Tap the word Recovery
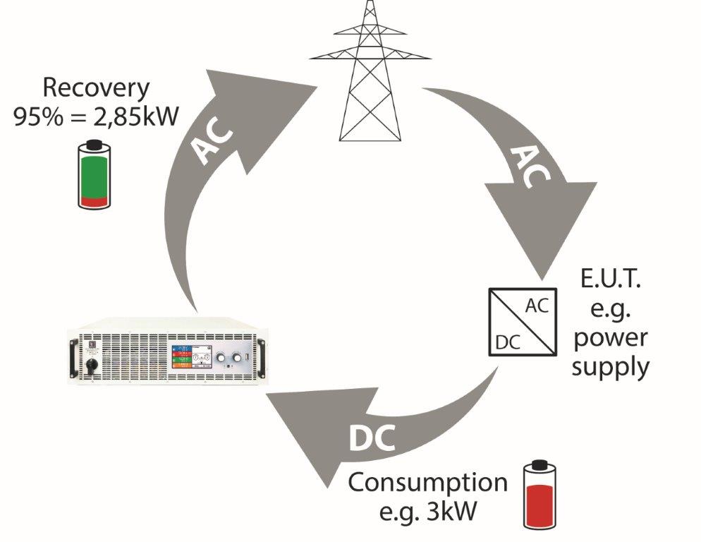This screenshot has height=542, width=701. click(x=97, y=88)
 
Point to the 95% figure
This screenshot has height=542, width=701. click(x=37, y=114)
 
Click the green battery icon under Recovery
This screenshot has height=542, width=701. click(x=95, y=174)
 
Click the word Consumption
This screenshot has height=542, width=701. click(x=427, y=484)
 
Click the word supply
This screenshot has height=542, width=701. click(x=609, y=367)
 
